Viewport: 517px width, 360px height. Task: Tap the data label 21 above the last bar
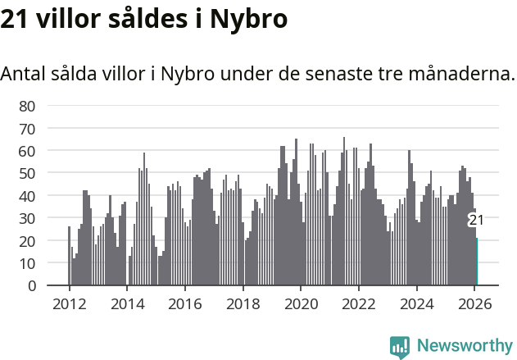pos(476,220)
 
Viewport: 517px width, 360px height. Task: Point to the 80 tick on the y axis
pos(27,106)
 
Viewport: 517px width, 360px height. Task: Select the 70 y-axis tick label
pos(27,129)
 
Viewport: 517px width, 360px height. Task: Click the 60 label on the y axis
pos(27,151)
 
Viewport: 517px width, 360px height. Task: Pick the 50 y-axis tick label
pos(27,174)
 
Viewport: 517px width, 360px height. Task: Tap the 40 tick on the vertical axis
pos(27,196)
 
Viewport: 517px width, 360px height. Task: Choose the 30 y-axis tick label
pos(27,219)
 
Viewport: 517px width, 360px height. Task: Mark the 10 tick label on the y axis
pos(27,264)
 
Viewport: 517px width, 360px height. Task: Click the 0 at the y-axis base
pos(31,286)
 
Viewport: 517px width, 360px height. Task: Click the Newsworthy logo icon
pos(400,347)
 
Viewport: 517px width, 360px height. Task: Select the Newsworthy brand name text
pos(464,346)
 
